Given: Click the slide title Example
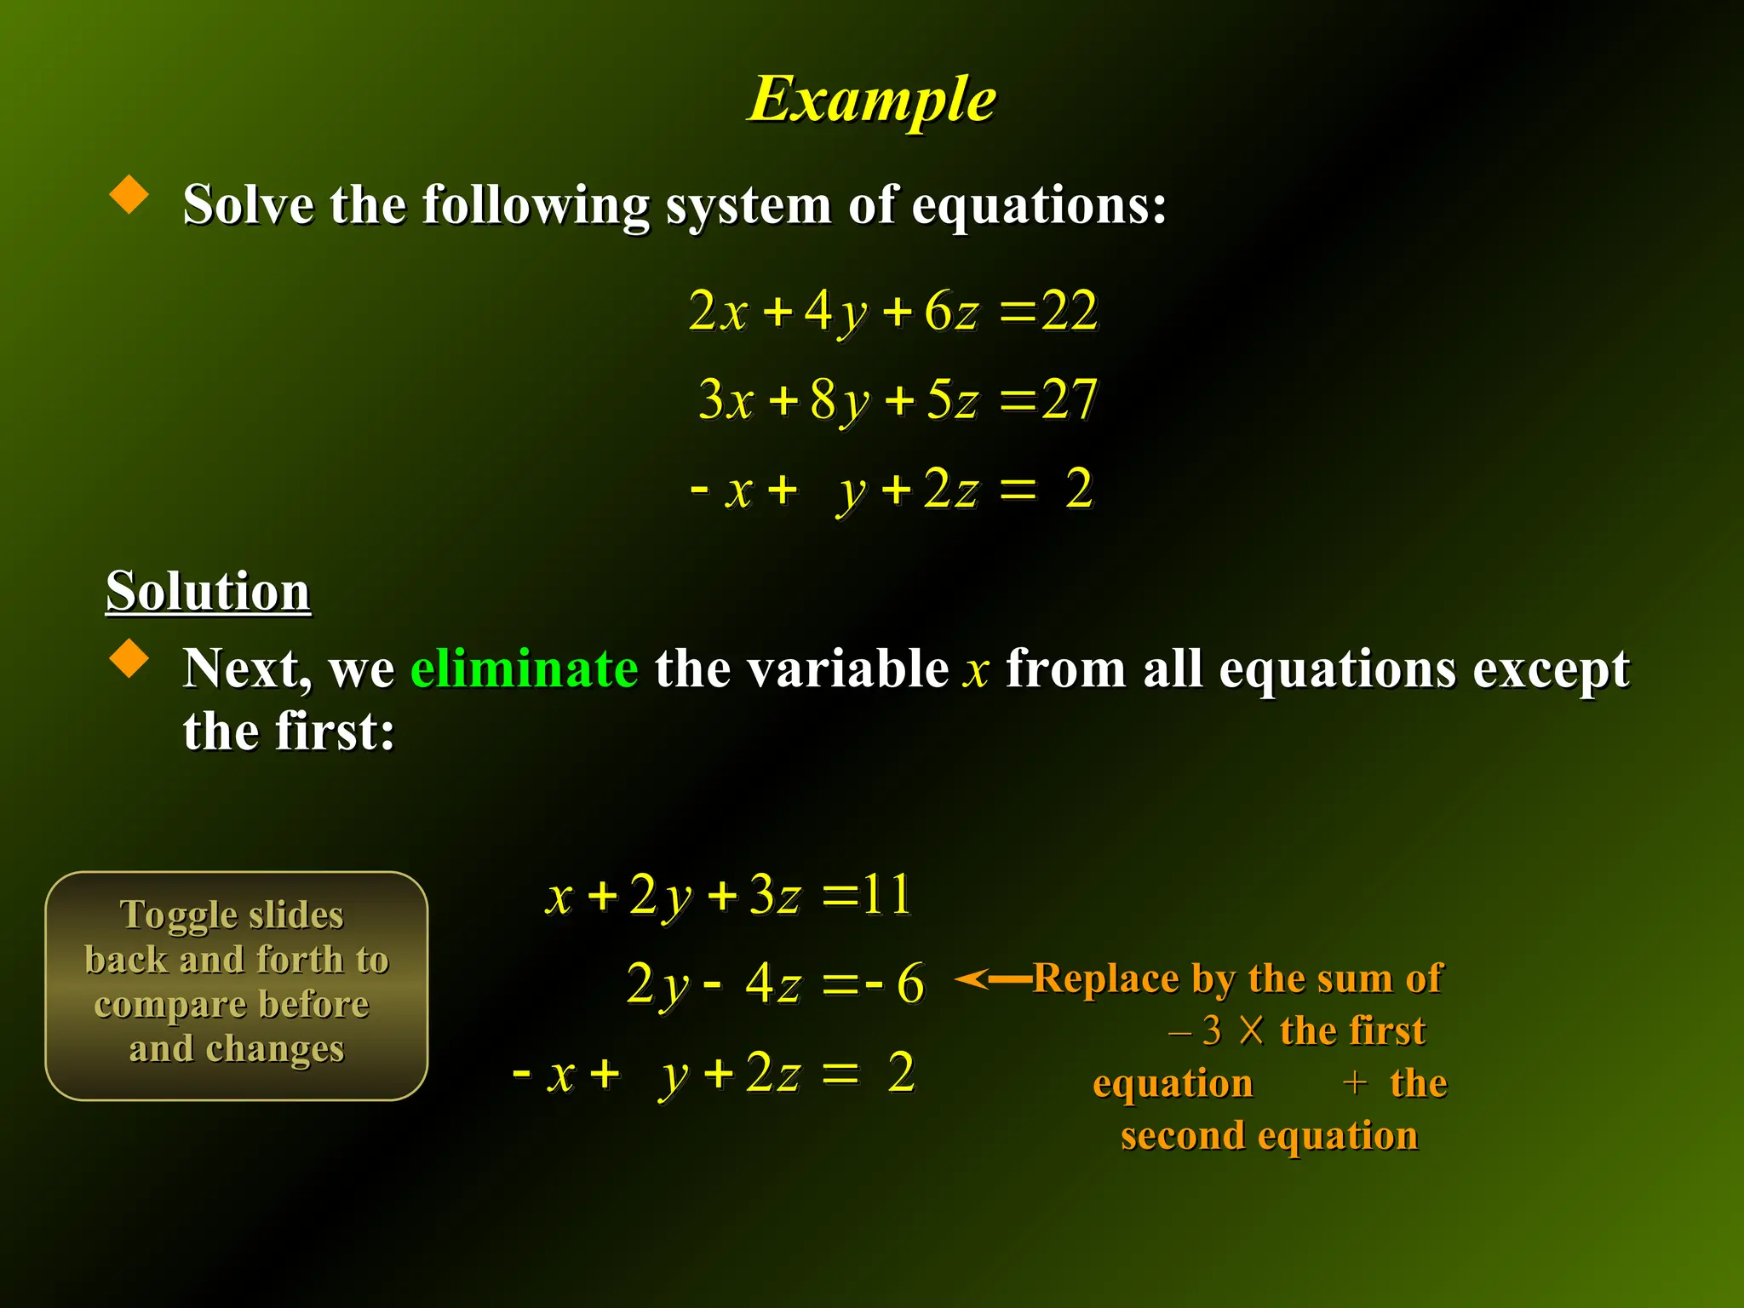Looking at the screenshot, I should [x=872, y=100].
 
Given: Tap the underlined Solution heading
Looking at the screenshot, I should [x=208, y=590].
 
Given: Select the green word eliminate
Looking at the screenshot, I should [x=524, y=668].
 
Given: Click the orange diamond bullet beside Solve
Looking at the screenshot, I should [x=129, y=195].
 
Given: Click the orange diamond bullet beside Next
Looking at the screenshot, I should [x=129, y=659].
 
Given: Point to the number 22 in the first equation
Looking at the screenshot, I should [x=1070, y=311].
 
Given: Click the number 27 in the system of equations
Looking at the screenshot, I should [x=1070, y=399].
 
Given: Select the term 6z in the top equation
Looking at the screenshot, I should [x=951, y=312].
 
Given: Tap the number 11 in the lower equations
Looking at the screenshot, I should [x=886, y=895].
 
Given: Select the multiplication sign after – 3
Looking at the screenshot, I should [x=1251, y=1030].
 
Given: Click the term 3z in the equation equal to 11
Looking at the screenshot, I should [x=775, y=896].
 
